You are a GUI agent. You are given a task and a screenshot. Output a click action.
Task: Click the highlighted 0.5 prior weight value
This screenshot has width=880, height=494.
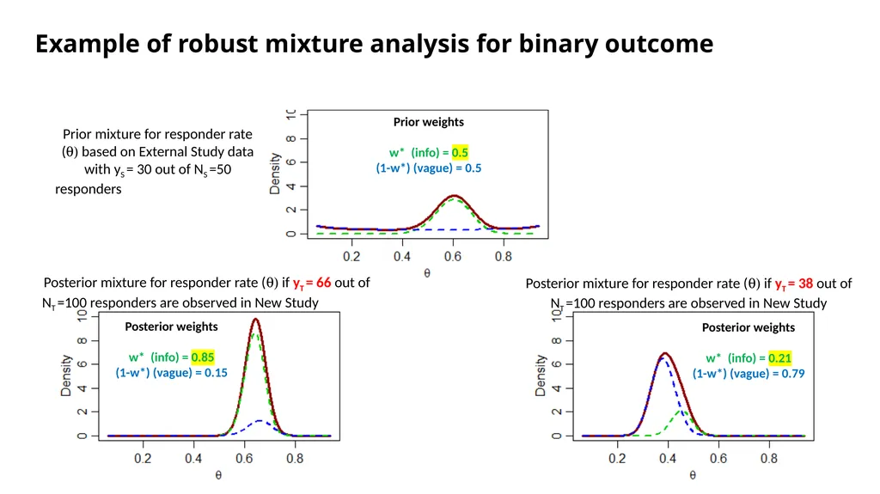pos(460,153)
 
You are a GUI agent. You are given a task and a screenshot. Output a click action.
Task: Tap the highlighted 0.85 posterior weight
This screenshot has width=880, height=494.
pos(203,357)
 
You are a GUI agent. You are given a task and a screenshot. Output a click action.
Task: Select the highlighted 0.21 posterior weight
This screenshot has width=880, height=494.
pos(779,358)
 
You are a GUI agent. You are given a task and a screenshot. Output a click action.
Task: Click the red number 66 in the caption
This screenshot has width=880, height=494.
pos(323,283)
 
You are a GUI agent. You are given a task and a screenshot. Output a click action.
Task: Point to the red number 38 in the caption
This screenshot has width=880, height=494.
pos(805,284)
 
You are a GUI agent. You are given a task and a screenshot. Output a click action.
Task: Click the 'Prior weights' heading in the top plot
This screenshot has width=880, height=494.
pos(428,122)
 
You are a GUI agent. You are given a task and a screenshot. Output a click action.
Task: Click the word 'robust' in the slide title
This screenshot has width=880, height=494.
pos(218,44)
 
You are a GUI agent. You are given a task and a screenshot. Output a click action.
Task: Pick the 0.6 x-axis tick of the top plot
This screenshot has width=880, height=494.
pos(452,257)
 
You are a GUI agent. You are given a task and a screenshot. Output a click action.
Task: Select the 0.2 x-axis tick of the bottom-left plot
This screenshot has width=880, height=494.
pos(143,459)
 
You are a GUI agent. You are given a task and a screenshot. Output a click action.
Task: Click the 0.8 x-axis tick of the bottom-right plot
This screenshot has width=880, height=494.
pos(769,459)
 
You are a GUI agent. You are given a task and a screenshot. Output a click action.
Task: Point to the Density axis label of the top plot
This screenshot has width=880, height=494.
pos(274,174)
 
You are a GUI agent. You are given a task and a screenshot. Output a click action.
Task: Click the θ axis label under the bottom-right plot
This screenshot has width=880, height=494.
pos(693,475)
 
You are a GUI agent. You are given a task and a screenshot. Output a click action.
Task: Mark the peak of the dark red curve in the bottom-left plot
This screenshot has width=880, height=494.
pos(256,320)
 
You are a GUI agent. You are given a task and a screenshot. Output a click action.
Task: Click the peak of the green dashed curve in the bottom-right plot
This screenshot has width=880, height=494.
pos(683,412)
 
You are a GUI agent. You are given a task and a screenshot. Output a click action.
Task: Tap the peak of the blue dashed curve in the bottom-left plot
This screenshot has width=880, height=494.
pos(260,420)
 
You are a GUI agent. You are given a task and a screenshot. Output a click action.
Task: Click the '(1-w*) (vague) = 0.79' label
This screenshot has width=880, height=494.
pos(749,374)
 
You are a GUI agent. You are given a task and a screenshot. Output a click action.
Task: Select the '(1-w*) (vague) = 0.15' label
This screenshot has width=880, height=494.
pos(171,373)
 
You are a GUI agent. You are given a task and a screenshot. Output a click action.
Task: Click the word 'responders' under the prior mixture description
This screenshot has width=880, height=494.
pos(89,189)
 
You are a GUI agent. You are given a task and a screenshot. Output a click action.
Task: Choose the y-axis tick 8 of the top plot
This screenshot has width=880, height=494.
pos(290,138)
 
